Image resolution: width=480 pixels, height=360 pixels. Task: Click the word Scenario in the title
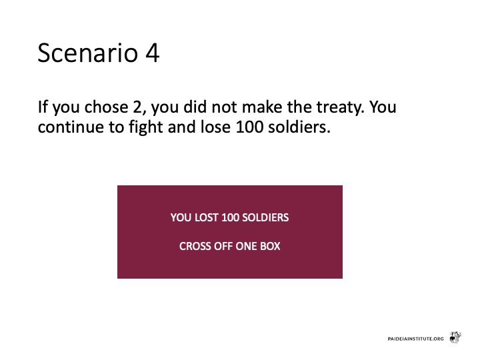point(88,53)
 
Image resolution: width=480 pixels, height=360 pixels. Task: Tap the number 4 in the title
point(152,53)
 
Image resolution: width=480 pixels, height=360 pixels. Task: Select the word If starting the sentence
point(43,107)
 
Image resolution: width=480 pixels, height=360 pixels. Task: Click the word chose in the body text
point(106,107)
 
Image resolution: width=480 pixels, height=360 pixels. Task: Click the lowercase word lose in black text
point(215,127)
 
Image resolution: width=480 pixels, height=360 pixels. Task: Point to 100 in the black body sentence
point(249,127)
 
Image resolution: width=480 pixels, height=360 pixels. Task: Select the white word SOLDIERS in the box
point(265,217)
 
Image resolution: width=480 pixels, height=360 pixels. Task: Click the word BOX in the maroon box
point(270,246)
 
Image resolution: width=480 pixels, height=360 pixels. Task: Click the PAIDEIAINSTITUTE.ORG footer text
point(415,339)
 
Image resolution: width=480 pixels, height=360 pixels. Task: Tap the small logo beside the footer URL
point(455,337)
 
